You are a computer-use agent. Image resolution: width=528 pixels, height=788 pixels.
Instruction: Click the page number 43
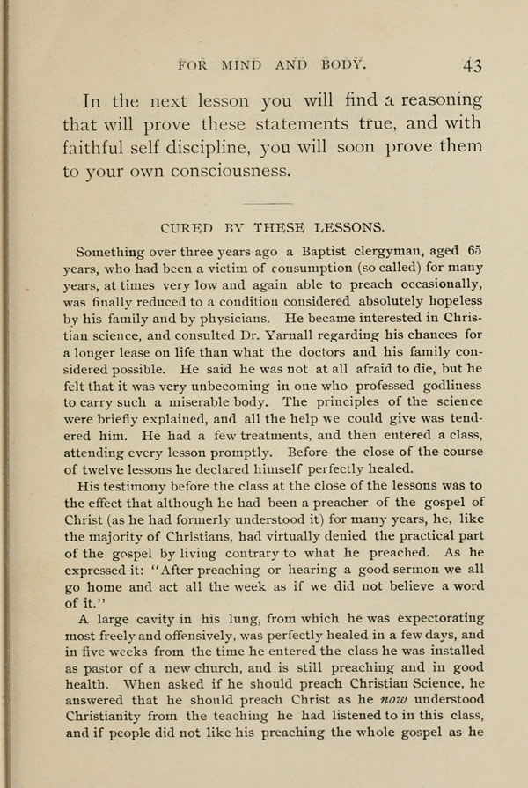point(473,64)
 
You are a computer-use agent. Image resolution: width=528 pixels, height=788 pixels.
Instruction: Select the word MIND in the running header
point(243,63)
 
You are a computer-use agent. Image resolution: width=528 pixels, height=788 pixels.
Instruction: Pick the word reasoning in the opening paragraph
point(438,99)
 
